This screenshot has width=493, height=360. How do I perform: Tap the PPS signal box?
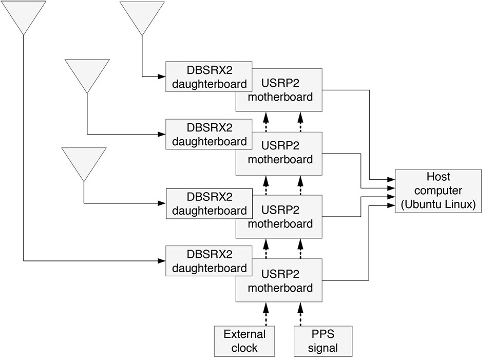coord(324,341)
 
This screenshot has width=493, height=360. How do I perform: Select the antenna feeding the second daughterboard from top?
coord(87,75)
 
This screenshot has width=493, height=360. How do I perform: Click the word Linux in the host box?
coord(459,204)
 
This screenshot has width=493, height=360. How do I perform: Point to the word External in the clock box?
coord(244,334)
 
